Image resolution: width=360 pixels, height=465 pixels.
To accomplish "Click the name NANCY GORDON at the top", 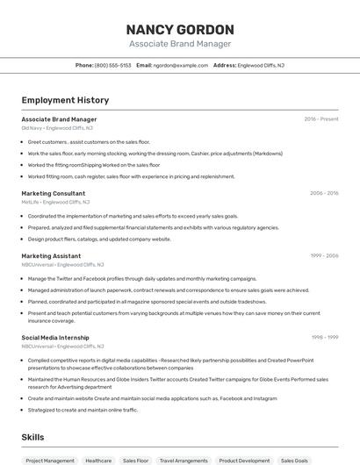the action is pos(180,30).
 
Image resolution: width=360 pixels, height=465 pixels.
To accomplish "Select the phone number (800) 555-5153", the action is pos(112,65).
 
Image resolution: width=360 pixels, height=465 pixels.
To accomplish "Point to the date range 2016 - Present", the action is pos(321,119).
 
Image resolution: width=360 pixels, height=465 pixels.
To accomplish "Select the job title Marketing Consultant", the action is pos(54,193).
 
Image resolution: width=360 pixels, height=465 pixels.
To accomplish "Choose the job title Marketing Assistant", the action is pos(51,255).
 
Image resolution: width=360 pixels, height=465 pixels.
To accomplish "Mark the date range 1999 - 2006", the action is pos(324,255).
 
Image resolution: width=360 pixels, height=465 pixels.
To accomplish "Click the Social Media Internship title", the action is pos(55,337).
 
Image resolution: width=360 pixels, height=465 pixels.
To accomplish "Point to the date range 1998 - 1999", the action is pos(325,337).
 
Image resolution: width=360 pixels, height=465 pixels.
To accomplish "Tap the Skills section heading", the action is pos(32,437).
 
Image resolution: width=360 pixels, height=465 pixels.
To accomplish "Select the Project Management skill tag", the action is pos(50,461).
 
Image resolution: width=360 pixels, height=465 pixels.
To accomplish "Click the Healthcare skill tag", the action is pos(98,461).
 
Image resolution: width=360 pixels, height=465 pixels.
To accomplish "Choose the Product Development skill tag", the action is pos(244,461).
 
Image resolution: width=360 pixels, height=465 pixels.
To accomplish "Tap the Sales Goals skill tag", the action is pos(295,461).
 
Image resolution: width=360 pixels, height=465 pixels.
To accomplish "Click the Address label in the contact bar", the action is pos(225,65).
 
